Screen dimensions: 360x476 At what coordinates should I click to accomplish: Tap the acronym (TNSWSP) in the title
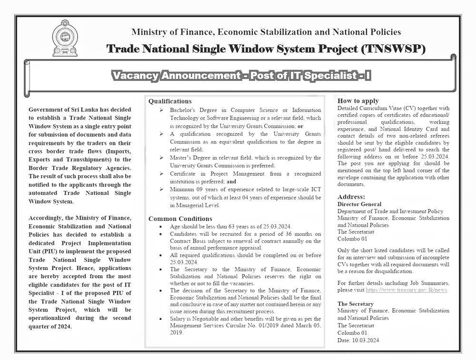click(x=393, y=49)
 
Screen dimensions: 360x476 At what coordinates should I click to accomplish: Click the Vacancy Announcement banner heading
click(x=241, y=76)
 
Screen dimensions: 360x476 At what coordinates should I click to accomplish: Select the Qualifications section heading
click(x=170, y=101)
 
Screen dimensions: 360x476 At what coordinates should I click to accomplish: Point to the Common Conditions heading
click(x=180, y=219)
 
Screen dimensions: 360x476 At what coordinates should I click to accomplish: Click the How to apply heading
click(x=358, y=101)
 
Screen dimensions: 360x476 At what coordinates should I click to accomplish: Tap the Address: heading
click(x=351, y=197)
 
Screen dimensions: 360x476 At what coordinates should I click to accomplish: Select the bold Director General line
click(x=359, y=204)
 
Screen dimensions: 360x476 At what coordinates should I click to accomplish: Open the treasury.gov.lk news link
click(x=407, y=290)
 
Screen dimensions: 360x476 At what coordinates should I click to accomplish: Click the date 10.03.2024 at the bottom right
click(x=366, y=340)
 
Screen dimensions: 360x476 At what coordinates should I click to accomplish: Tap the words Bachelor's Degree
click(x=192, y=110)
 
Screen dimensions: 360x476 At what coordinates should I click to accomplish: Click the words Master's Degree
click(x=190, y=158)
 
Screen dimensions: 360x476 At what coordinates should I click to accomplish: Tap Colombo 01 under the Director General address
click(x=352, y=239)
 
